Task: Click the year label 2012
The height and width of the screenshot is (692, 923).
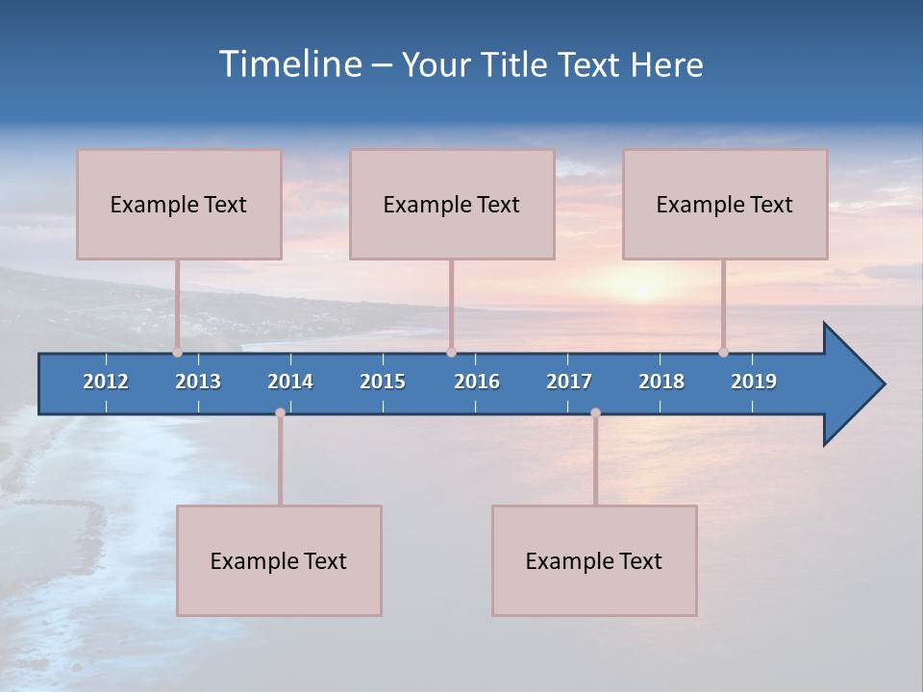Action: (x=106, y=382)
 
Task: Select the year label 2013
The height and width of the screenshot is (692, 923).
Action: (x=198, y=382)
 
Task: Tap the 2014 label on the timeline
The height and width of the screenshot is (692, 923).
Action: (x=290, y=382)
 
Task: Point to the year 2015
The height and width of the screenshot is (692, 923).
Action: (x=383, y=382)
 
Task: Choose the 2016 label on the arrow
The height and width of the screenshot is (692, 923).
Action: (x=477, y=382)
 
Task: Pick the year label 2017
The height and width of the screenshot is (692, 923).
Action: (x=569, y=382)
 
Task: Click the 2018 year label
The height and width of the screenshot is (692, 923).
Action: (x=661, y=382)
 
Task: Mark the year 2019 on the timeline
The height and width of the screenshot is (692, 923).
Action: (x=754, y=382)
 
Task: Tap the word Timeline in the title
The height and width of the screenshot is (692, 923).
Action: (x=289, y=64)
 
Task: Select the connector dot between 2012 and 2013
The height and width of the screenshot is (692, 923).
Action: (x=177, y=352)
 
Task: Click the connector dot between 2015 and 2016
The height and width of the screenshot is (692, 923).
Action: (x=451, y=352)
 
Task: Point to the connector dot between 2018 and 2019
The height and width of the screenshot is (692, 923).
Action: (x=723, y=352)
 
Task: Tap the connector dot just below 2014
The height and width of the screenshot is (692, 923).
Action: (x=280, y=412)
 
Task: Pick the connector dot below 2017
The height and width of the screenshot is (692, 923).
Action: (x=595, y=412)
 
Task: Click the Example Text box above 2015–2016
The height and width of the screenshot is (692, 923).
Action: (x=452, y=204)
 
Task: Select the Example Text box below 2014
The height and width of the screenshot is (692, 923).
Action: (x=279, y=560)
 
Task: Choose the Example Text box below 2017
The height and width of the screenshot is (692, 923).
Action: (x=594, y=560)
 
